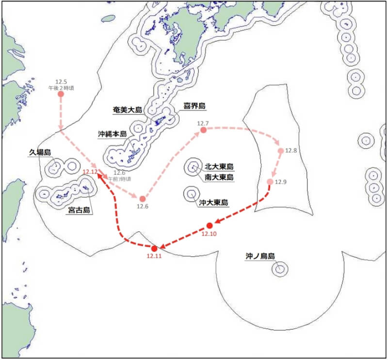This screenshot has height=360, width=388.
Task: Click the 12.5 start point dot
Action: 61,94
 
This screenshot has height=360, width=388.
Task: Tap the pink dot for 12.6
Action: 143,199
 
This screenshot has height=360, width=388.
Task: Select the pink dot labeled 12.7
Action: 203,130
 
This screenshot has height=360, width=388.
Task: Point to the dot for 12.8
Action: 280,151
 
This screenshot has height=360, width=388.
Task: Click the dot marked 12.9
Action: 270,182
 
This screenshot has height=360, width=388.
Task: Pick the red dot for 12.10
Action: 210,225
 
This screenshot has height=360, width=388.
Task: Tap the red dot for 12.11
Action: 155,248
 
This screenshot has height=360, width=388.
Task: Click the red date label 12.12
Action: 90,172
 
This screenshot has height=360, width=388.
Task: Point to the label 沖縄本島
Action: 112,133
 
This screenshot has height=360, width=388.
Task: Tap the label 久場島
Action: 40,153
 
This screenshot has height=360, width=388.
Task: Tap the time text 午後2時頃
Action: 61,88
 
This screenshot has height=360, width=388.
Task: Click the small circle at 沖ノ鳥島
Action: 279,268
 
